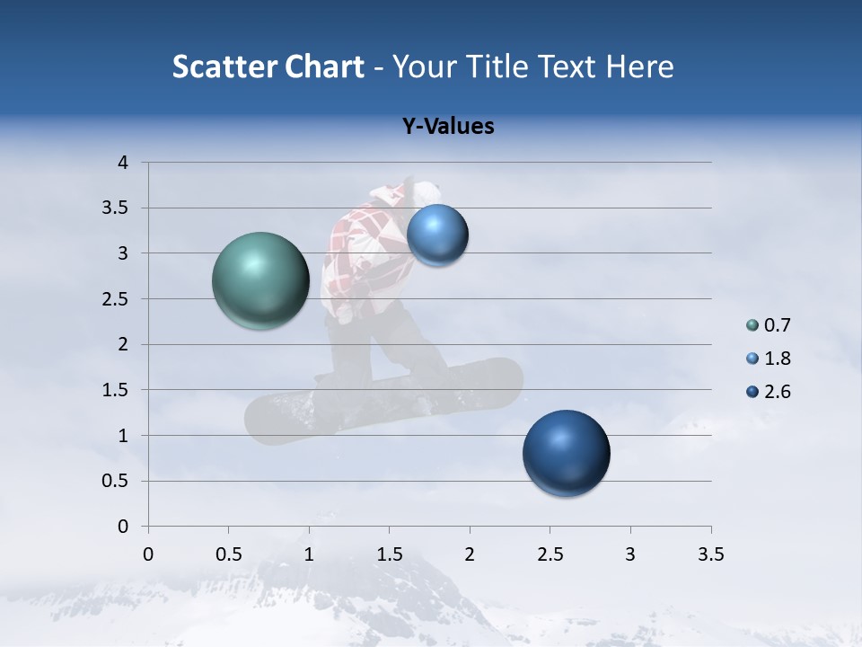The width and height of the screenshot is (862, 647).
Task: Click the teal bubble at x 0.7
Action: pos(260,280)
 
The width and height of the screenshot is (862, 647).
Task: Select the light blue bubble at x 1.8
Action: pos(437,235)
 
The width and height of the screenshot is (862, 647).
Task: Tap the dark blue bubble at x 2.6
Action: pos(566,453)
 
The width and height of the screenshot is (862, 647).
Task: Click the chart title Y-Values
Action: pos(448,127)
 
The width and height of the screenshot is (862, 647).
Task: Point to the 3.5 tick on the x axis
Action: pos(711,554)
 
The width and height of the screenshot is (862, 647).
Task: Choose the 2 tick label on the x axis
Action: pos(470,554)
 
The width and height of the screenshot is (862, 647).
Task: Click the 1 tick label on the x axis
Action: pos(309,554)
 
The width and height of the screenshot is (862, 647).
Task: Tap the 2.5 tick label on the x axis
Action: pos(550,554)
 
